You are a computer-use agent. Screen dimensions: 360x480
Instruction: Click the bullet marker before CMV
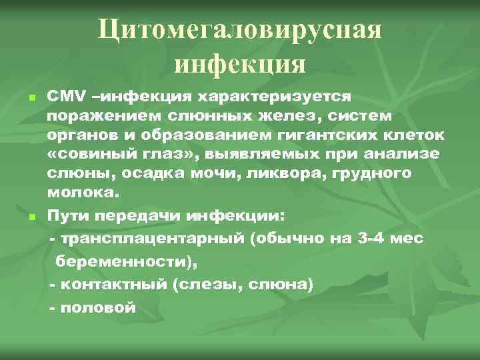[x=31, y=98]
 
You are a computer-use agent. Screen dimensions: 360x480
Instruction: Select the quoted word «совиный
[x=81, y=155]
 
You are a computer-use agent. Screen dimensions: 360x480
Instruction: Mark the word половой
[x=99, y=307]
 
